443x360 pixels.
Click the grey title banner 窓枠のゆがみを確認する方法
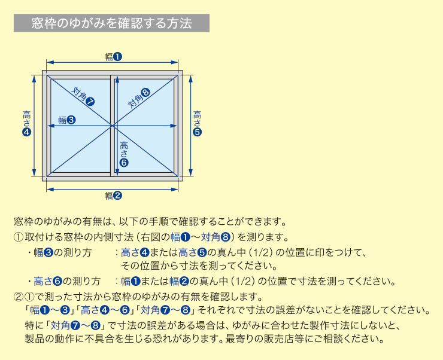(x=111, y=23)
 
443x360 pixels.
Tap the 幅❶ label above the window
(x=113, y=57)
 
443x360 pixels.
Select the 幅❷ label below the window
(x=113, y=195)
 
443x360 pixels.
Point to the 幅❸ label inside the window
(x=67, y=120)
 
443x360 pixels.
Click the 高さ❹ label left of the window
(x=27, y=123)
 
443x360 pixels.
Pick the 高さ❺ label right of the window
(x=197, y=123)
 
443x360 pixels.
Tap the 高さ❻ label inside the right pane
(x=124, y=154)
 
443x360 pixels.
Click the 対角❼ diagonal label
(x=83, y=96)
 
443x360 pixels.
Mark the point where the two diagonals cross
(x=113, y=126)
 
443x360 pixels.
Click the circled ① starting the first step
(x=19, y=237)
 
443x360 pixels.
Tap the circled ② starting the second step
(x=19, y=297)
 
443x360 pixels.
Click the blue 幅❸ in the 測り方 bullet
(x=44, y=252)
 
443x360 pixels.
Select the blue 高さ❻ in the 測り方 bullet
(x=48, y=281)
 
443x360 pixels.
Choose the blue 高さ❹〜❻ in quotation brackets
(x=105, y=310)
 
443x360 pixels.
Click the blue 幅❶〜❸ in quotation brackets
(x=50, y=310)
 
